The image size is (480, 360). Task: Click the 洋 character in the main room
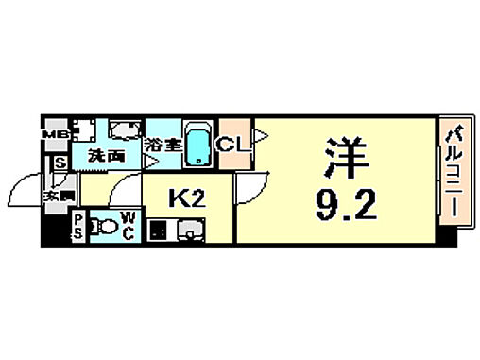[x=347, y=155]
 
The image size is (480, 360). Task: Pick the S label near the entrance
[x=60, y=163]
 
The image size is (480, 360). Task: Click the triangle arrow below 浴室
[x=149, y=162]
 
